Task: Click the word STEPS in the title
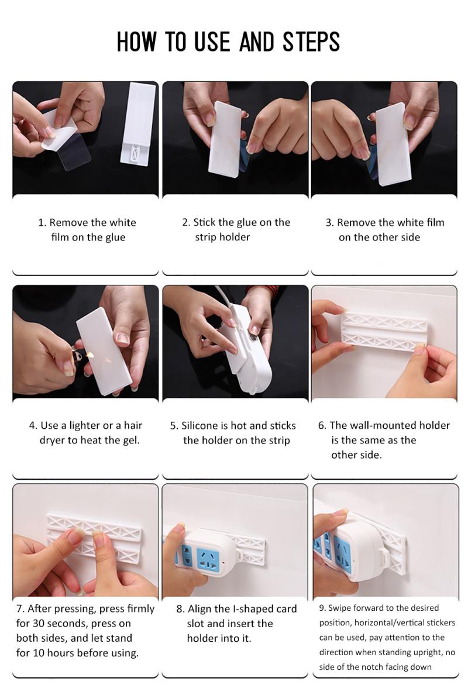[311, 42]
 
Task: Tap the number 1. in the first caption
[42, 222]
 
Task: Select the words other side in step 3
[398, 237]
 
